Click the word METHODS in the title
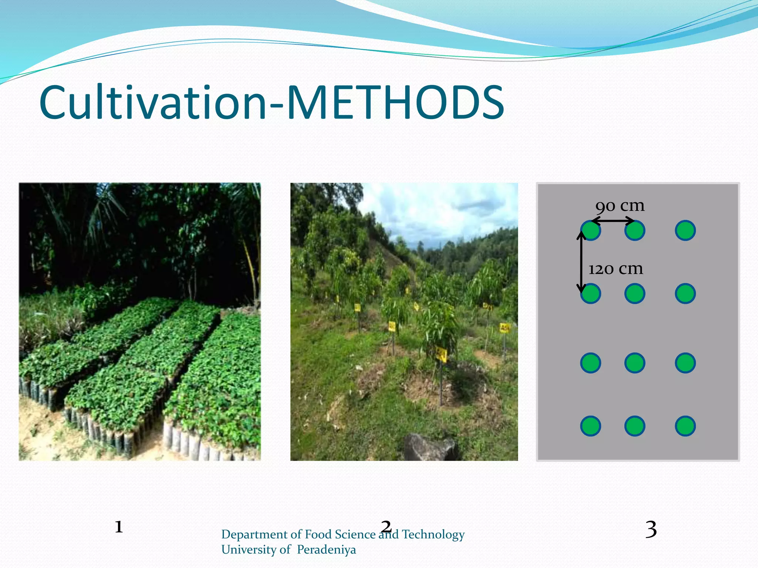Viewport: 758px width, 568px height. coord(395,103)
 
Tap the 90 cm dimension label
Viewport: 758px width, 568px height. coord(620,206)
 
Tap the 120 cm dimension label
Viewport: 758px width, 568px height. coord(616,269)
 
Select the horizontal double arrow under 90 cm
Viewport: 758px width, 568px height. coord(613,221)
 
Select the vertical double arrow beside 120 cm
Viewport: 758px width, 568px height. coord(581,262)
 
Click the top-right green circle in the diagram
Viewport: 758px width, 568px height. coord(685,230)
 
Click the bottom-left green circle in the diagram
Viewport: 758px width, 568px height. coord(590,426)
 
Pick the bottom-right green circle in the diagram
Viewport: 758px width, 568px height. coord(685,426)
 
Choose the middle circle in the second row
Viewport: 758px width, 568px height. coord(635,294)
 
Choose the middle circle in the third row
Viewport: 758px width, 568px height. coord(635,363)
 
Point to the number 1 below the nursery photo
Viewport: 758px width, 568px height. coord(118,527)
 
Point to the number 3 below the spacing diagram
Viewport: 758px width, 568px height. coord(651,530)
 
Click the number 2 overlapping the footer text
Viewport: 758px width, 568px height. coord(386,526)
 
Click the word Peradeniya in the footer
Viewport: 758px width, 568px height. coord(326,550)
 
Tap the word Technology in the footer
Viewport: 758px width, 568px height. coord(433,534)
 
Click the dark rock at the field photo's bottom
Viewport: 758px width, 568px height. coord(429,448)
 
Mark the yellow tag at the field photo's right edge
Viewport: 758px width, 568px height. coord(504,328)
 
